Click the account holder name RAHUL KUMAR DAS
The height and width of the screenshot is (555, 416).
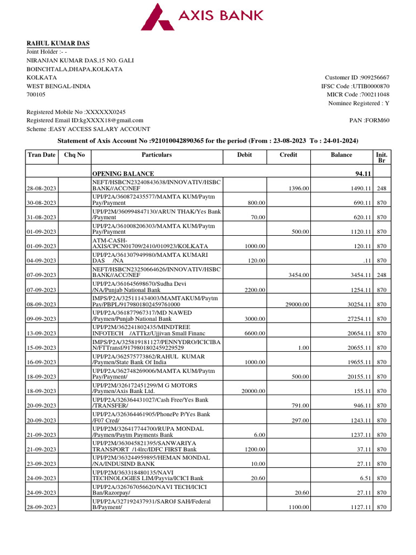(x=58, y=43)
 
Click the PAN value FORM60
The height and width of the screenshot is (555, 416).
(x=379, y=120)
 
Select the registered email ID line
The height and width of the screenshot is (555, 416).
(x=85, y=120)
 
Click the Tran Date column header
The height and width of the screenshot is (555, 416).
(x=41, y=155)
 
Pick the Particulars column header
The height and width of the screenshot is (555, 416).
(x=157, y=155)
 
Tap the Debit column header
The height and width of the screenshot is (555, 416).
(x=245, y=155)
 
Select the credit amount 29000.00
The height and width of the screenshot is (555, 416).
(x=297, y=304)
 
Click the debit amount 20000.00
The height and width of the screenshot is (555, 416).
(x=252, y=391)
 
